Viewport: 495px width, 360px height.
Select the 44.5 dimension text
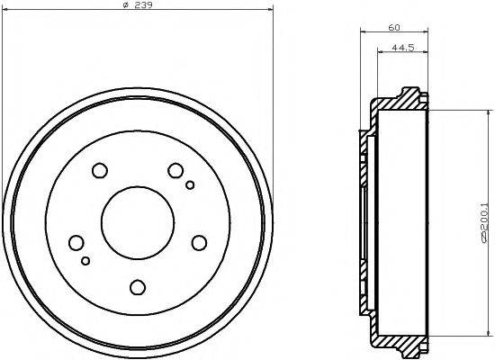click(x=401, y=49)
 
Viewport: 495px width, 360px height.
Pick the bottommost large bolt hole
click(x=138, y=287)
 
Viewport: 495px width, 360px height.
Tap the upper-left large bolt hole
click(x=99, y=170)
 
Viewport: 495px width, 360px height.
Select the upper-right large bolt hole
click(x=176, y=170)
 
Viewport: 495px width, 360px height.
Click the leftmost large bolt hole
click(x=76, y=242)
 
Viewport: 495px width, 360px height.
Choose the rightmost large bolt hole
click(x=199, y=242)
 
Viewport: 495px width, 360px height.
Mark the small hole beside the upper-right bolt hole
click(x=190, y=186)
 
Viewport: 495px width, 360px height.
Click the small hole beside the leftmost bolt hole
click(x=85, y=261)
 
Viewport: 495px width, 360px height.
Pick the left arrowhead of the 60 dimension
click(x=363, y=35)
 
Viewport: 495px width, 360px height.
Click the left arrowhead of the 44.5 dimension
click(x=377, y=57)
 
